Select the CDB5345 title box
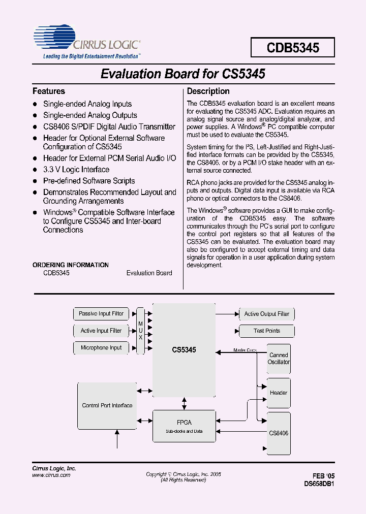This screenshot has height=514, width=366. tap(293, 48)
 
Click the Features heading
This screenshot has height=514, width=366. tap(49, 91)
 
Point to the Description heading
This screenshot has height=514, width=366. tap(208, 91)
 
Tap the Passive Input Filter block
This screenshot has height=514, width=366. tap(101, 314)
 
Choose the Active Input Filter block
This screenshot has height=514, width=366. tap(101, 331)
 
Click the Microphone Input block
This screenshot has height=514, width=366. tap(101, 348)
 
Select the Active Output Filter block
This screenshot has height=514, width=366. tap(267, 314)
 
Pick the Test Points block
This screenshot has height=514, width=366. tap(267, 331)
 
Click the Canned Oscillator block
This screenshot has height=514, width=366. tap(279, 359)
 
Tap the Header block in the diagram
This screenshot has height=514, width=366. tap(279, 393)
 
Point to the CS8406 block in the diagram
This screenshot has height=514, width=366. tap(279, 433)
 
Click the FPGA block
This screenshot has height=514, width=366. tap(184, 426)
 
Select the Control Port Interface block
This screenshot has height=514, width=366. tap(107, 405)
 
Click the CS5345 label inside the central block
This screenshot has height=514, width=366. tap(184, 350)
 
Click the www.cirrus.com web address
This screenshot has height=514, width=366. tap(51, 475)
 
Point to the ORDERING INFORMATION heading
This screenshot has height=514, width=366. tap(71, 265)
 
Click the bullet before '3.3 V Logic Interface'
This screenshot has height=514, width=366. tap(36, 170)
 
